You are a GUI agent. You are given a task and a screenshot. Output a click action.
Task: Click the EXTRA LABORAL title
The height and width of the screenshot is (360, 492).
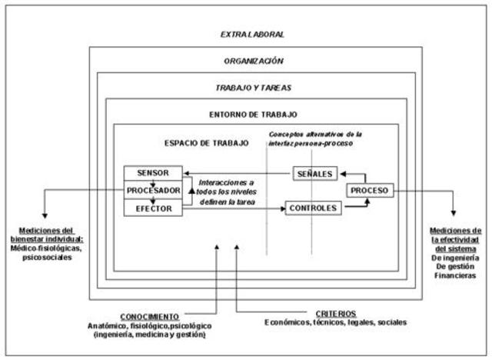click(252, 35)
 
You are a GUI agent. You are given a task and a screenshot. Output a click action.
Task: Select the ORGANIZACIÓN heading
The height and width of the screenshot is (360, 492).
click(253, 60)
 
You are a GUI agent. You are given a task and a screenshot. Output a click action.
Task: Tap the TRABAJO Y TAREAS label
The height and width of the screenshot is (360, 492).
click(252, 88)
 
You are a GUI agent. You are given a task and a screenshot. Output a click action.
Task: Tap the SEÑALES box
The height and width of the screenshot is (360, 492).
click(314, 174)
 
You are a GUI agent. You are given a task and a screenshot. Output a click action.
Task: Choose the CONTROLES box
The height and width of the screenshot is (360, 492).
click(314, 208)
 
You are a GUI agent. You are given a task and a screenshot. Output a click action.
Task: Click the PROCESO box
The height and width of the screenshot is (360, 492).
click(370, 190)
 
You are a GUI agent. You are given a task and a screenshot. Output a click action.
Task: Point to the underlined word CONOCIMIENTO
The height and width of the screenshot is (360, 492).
click(150, 317)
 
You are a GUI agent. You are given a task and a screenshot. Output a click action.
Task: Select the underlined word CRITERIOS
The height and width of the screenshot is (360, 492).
click(336, 313)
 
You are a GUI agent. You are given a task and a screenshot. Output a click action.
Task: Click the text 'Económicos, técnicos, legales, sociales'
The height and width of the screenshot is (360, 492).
click(335, 322)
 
